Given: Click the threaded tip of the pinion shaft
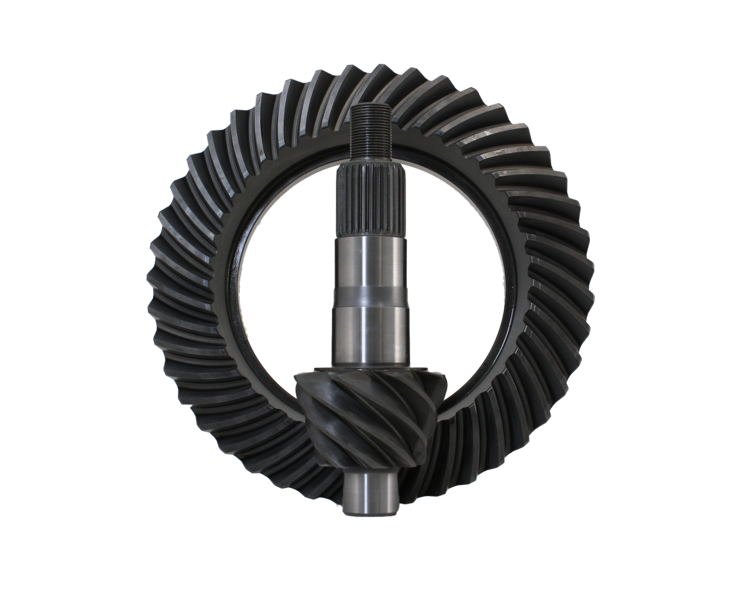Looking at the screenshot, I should coord(370,134).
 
